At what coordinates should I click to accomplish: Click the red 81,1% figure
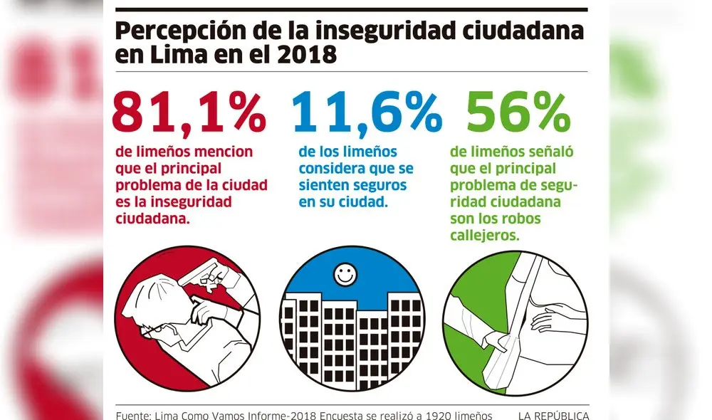(189, 111)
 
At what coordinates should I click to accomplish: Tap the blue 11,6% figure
(367, 111)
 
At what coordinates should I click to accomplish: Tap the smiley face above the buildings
(347, 274)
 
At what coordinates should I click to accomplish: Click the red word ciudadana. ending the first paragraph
(153, 219)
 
